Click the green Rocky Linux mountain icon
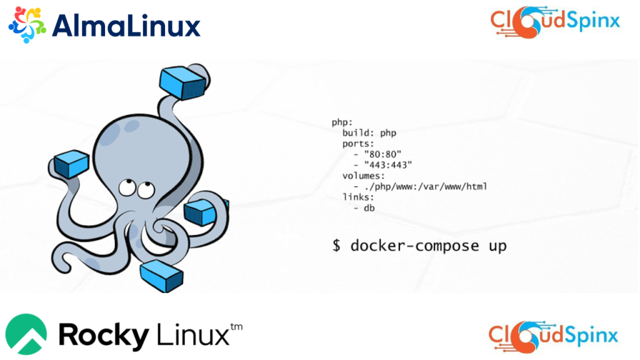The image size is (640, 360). [x=26, y=335]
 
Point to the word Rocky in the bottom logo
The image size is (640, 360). [x=104, y=336]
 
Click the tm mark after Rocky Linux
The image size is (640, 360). [x=236, y=327]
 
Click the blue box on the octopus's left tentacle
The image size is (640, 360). [x=70, y=165]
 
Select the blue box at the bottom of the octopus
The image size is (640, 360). [x=161, y=275]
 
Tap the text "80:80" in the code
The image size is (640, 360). [x=382, y=154]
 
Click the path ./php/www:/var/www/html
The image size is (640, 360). [x=425, y=186]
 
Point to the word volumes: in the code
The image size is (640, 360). [x=363, y=176]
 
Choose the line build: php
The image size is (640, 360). [x=369, y=132]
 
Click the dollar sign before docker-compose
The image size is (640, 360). [x=336, y=246]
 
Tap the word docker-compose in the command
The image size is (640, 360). [x=414, y=246]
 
